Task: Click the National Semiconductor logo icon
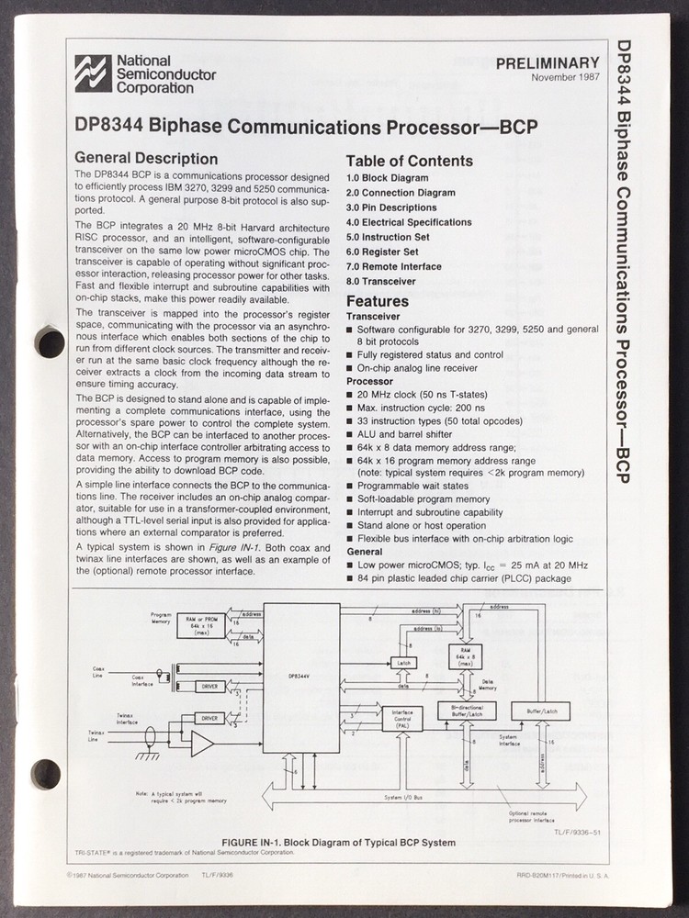[x=93, y=74]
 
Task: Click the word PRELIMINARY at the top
[x=547, y=63]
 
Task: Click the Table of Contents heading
[x=409, y=161]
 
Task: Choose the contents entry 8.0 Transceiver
[x=380, y=281]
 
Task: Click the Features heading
[x=377, y=301]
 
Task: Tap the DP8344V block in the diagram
[x=300, y=677]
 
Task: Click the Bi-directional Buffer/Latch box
[x=466, y=711]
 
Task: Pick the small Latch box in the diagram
[x=402, y=663]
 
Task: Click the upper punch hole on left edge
[x=49, y=342]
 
